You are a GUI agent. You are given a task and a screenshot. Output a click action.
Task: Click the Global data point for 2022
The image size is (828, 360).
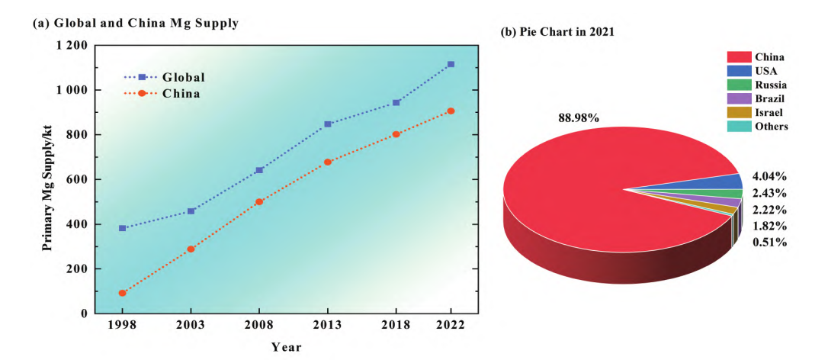451,64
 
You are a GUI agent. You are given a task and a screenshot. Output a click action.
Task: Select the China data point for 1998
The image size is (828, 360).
122,293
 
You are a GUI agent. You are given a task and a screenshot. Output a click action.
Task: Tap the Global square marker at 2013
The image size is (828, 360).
328,124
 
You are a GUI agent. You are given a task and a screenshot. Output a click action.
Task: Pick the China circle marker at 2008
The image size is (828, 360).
259,201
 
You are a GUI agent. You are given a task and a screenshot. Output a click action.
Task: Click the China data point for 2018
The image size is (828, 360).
396,134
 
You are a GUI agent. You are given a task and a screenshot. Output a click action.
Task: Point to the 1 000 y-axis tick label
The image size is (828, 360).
72,90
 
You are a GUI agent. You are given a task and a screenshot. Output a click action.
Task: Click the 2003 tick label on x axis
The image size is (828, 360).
191,326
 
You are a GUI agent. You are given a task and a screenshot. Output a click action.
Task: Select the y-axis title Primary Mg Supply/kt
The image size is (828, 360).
47,179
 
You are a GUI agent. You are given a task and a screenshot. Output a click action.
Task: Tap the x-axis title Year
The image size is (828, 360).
286,347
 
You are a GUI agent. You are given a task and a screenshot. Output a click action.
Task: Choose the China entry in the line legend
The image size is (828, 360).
181,94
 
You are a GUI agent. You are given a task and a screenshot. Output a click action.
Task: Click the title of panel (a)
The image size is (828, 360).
136,24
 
